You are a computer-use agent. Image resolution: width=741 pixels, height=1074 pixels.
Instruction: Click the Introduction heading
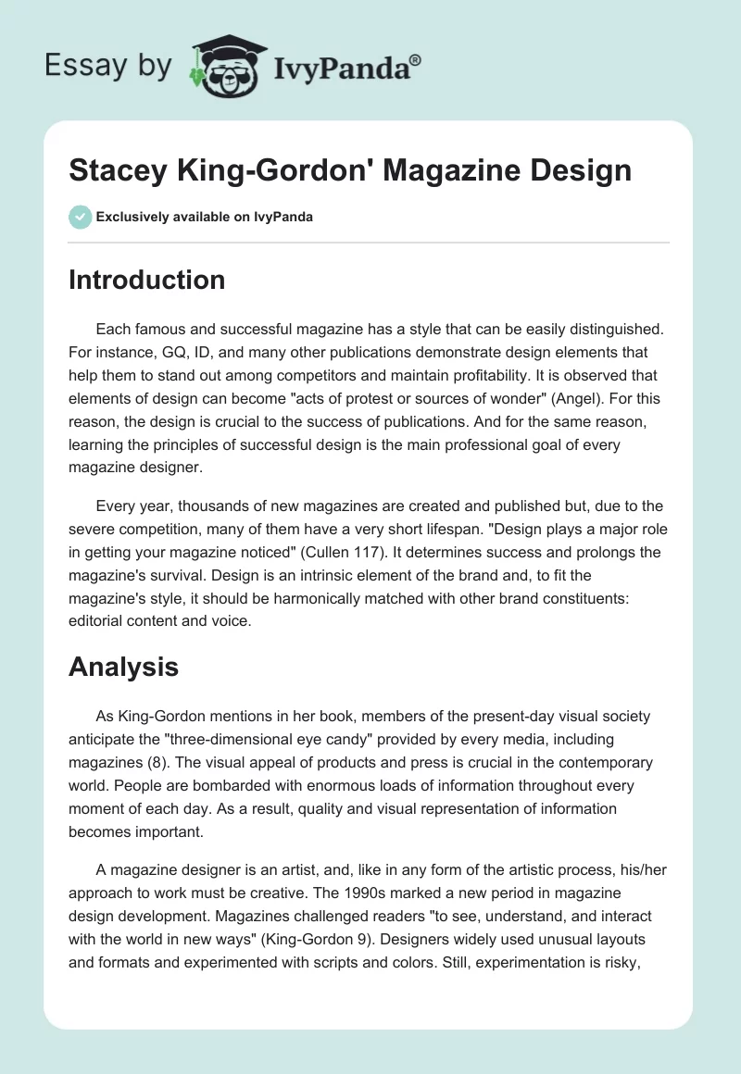(x=146, y=280)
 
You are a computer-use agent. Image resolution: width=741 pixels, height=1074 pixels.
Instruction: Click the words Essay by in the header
(x=107, y=66)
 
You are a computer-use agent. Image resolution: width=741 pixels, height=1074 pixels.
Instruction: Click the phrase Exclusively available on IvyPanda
(x=205, y=217)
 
